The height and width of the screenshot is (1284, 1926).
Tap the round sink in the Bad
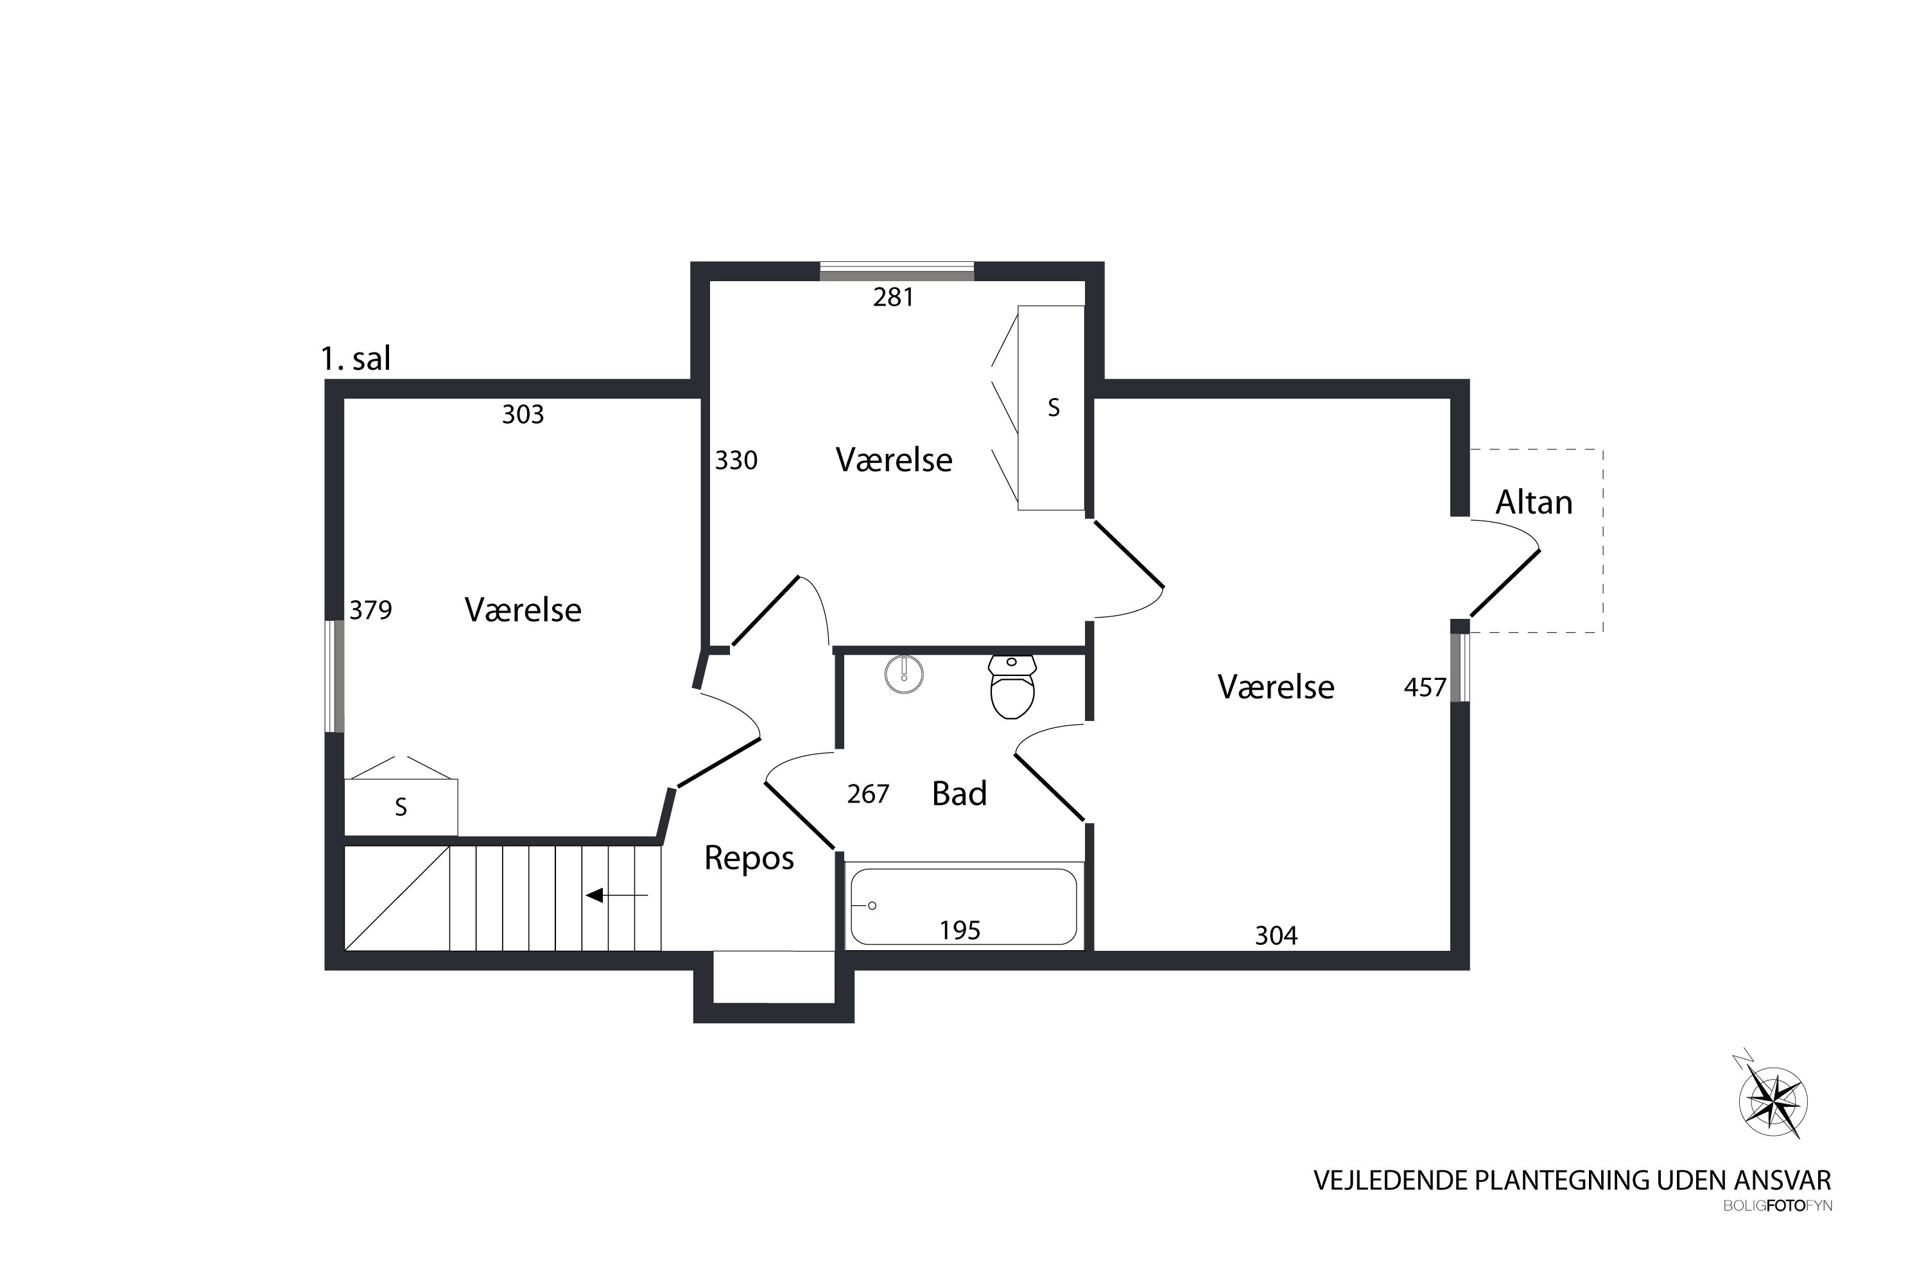tap(904, 675)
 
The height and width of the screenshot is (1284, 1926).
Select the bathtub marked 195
tap(964, 907)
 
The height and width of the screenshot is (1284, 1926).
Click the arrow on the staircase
tap(616, 895)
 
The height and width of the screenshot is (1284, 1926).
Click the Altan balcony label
tap(1534, 502)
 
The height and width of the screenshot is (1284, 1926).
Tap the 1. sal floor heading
tap(356, 359)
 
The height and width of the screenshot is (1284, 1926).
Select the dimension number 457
tap(1425, 687)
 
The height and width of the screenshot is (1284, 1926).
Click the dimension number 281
tap(894, 297)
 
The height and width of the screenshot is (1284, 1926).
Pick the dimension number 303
tap(523, 414)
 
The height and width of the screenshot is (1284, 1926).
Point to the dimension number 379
tap(371, 610)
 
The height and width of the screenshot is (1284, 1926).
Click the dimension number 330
tap(736, 460)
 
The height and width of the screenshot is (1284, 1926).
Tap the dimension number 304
tap(1276, 935)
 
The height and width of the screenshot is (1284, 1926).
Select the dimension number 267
tap(868, 794)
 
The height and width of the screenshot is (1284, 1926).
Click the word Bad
tap(960, 794)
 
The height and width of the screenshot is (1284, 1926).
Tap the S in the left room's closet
tap(401, 808)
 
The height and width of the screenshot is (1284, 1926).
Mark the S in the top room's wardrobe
tap(1054, 408)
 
